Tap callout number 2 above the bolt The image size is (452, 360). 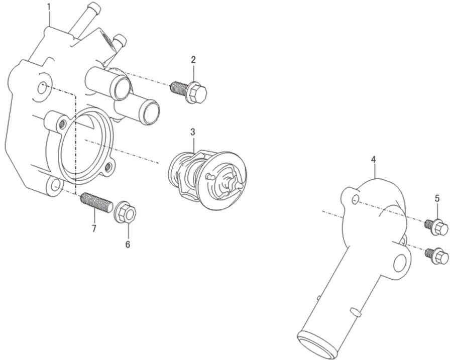(193, 60)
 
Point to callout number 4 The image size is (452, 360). (373, 159)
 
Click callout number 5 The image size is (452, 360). (437, 198)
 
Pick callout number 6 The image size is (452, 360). (128, 245)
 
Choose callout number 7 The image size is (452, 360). (94, 228)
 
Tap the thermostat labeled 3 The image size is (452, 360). (207, 179)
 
